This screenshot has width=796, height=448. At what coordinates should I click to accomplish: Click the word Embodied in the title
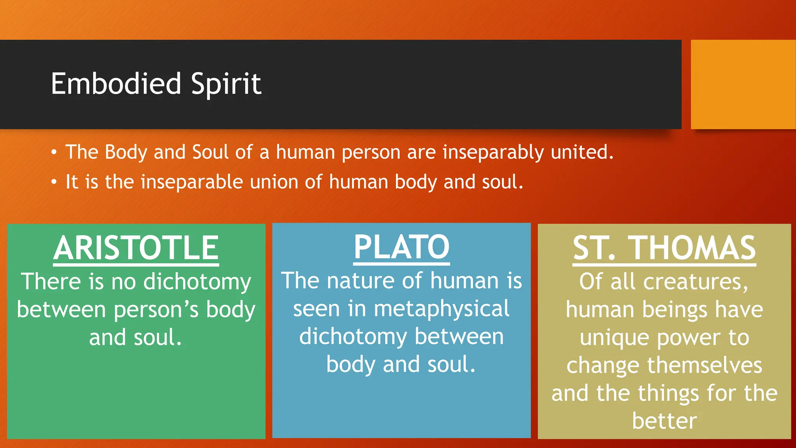[116, 84]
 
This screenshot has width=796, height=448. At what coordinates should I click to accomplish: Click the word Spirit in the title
[226, 84]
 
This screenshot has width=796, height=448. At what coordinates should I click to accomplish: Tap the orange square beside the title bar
[743, 84]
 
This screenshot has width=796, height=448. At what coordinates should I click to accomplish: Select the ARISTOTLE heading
[136, 248]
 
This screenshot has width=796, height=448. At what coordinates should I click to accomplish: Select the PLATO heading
[401, 247]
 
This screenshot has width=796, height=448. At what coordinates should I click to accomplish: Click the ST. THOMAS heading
[664, 248]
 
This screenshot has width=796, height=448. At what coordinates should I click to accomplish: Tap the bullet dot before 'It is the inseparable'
[54, 182]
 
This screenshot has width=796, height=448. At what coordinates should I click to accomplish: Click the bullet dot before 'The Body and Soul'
[54, 152]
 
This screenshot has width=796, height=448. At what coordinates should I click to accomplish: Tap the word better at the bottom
[664, 421]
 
